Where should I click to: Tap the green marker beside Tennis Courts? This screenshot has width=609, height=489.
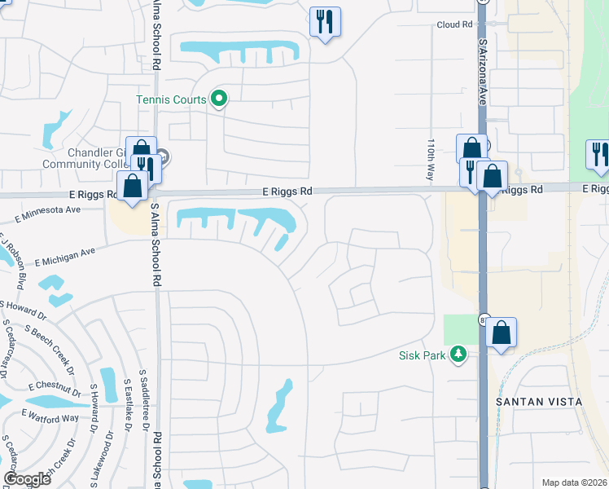point(218,99)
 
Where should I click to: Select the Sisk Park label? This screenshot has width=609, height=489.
point(423,355)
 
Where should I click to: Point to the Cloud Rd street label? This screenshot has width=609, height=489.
point(454,24)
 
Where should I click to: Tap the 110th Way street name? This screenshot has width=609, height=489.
point(431,160)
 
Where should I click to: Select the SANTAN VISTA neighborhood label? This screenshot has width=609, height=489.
point(539,402)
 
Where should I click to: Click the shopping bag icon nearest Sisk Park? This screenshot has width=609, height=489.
point(502,333)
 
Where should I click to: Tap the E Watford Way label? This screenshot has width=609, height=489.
point(50,416)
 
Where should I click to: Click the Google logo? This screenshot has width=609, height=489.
point(27,479)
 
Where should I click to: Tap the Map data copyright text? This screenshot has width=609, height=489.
point(574,482)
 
